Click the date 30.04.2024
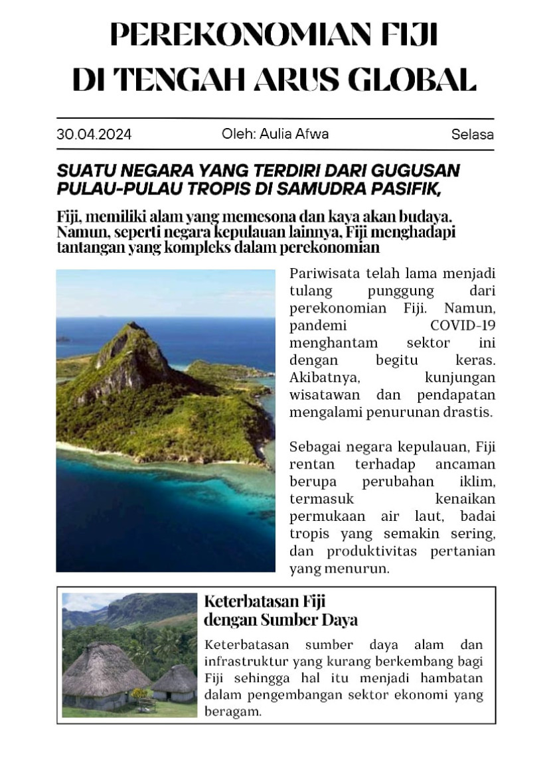coord(94,135)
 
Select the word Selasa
coord(472,135)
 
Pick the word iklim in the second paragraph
coord(477,481)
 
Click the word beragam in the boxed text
coord(233,712)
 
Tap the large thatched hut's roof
coord(106,666)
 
